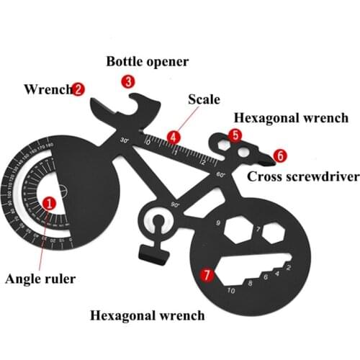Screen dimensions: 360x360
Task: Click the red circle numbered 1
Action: coord(48,203)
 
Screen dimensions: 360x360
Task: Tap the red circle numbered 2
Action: coord(78,89)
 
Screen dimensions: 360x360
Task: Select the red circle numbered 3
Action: coord(128,81)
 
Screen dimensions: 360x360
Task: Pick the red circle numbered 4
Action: coord(173,135)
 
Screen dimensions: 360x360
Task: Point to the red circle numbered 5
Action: coord(235,135)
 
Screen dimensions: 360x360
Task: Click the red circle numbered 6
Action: coord(279,155)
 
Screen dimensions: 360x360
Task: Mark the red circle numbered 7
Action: coord(207,274)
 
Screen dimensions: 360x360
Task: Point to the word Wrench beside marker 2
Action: coord(48,89)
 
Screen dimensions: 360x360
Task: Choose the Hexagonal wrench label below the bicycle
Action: coord(147,315)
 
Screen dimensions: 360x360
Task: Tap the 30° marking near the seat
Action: coord(125,140)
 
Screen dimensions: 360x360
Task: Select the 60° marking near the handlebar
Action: coord(220,174)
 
